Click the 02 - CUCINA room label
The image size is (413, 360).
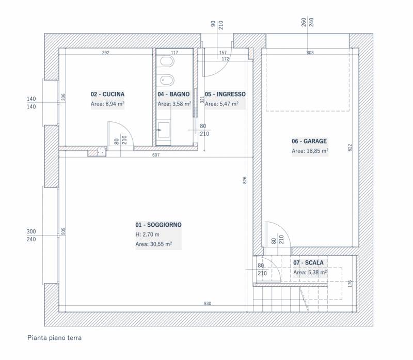[107, 94]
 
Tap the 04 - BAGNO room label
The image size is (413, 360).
[173, 94]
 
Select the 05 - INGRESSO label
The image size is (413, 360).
[225, 94]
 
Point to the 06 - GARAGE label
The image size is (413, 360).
[309, 141]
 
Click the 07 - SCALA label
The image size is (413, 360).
[308, 262]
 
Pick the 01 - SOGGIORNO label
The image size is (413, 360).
[158, 225]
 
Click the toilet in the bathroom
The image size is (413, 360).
[167, 62]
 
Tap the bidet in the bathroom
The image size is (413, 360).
[167, 80]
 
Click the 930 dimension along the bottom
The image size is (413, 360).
[208, 303]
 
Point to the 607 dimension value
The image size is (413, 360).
[156, 155]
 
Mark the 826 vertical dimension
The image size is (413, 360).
[245, 180]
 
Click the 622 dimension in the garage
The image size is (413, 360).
[350, 147]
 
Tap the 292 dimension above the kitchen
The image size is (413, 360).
[106, 53]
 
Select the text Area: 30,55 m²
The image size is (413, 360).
[154, 244]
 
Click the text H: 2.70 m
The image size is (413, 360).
[148, 234]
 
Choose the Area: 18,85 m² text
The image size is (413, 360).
[310, 151]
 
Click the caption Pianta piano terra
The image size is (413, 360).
[55, 338]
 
